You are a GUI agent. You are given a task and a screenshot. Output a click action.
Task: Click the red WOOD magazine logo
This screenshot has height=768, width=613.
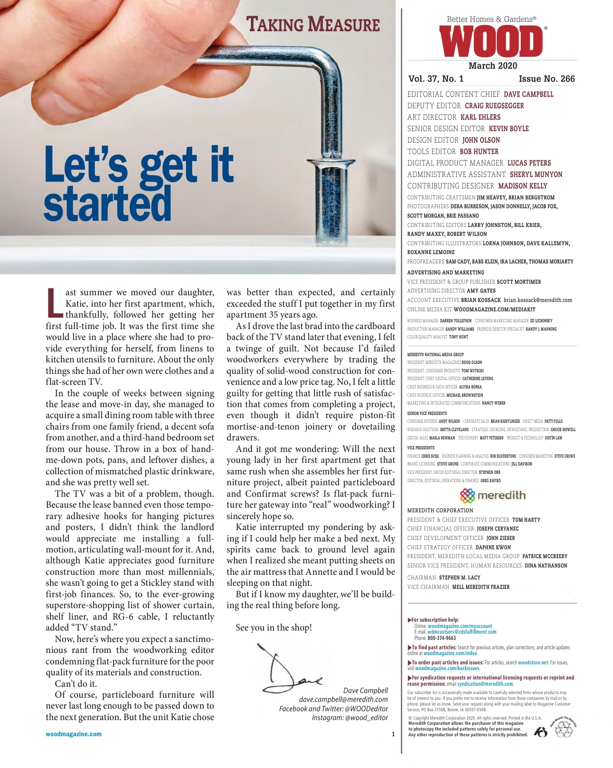point(491,42)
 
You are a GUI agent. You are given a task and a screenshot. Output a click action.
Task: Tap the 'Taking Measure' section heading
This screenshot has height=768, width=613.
point(313,24)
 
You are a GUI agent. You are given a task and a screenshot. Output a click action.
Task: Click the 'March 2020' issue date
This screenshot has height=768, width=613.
point(493,66)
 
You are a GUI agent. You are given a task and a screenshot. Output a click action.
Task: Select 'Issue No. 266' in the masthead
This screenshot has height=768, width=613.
point(546,79)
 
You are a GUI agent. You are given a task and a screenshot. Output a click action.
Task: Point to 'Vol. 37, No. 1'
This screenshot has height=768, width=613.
point(436,79)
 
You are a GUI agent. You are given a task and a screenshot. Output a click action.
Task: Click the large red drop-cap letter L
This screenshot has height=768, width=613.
point(54,303)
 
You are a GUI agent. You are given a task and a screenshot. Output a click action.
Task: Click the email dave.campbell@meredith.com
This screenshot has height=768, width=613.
point(343,699)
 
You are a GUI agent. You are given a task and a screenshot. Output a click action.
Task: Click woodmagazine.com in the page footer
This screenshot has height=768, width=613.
point(73,734)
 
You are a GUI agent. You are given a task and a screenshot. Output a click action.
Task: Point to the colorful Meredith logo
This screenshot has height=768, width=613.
point(493,495)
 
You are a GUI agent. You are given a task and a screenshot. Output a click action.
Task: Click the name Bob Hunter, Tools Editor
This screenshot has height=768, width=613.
point(479,152)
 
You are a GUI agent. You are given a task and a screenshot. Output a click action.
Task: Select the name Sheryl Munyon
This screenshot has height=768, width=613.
point(535,174)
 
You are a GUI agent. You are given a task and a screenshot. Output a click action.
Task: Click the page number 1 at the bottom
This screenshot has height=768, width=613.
point(393,734)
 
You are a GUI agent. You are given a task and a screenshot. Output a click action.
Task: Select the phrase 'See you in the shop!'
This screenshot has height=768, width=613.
point(273,627)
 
